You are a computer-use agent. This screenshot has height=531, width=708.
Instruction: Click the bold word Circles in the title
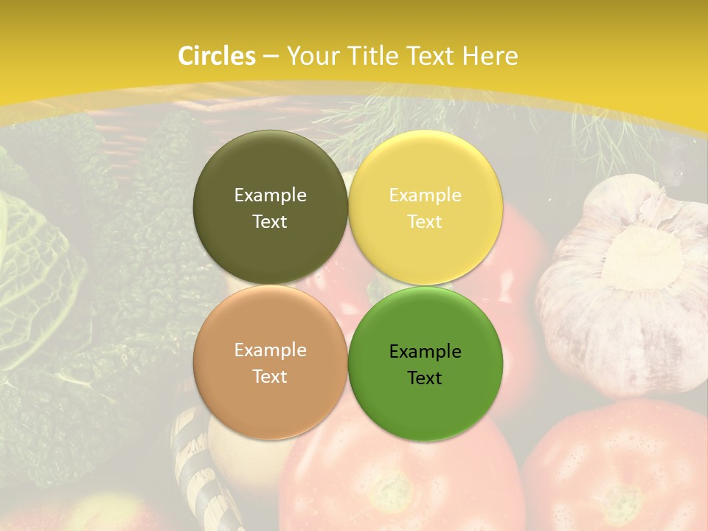[x=217, y=56]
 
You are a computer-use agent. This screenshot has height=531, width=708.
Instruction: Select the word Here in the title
[x=490, y=56]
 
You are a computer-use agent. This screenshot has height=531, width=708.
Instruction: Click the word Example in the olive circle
[x=270, y=195]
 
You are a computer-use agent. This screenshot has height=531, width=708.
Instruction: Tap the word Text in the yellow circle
[x=425, y=222]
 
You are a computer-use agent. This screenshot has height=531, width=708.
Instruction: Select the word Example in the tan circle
[x=270, y=350]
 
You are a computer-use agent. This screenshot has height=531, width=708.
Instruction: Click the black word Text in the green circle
[x=425, y=378]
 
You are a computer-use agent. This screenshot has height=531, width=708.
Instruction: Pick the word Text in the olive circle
[x=270, y=222]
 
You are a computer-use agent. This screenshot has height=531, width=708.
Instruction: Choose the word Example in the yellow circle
[x=425, y=195]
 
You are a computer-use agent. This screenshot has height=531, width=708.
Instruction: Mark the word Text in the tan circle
[x=270, y=377]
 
